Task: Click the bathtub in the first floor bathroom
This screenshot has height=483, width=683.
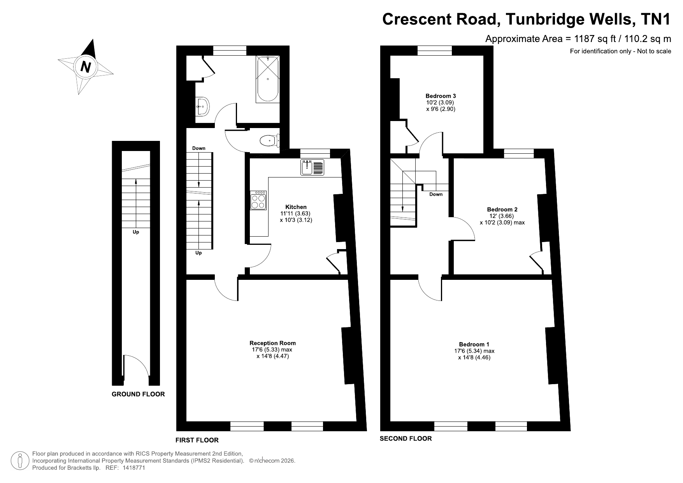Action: pos(267,79)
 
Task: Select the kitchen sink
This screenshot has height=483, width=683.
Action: pos(312,167)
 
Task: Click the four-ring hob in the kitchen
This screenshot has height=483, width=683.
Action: pos(258,200)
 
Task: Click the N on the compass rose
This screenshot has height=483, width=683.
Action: pos(86,67)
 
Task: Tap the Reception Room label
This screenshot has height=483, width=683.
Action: pos(272,343)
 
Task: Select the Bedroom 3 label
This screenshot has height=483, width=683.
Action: pos(441,96)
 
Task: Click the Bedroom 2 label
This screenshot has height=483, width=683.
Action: pos(502,209)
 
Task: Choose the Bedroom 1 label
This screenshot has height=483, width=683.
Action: pos(474,344)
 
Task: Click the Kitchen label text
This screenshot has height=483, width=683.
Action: pos(296,207)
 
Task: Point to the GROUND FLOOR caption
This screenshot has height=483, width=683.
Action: pos(138,394)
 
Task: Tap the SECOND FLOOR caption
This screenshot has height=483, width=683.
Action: pos(406,438)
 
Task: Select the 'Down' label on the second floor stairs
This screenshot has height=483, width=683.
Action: pos(436,194)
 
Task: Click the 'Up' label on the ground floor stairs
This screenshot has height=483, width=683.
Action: pos(136,232)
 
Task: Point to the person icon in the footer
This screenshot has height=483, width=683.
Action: pos(19,460)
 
